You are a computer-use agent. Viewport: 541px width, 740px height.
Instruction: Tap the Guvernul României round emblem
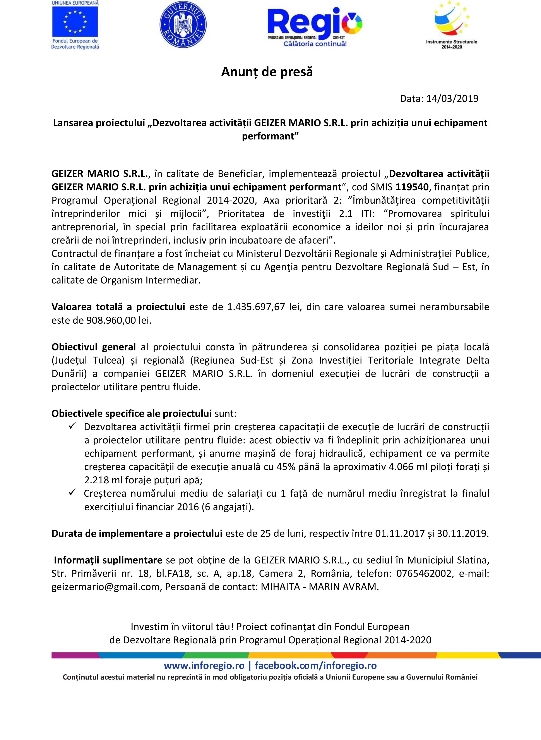click(x=183, y=24)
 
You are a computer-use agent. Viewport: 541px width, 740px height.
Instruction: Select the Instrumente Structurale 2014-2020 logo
click(x=451, y=25)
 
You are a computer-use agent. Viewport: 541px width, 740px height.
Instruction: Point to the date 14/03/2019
click(x=452, y=99)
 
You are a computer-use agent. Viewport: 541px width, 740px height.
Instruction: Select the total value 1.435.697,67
click(x=256, y=307)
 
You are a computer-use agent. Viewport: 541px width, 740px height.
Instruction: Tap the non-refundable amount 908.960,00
click(x=111, y=320)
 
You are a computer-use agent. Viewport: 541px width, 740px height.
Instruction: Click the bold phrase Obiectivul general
click(x=94, y=347)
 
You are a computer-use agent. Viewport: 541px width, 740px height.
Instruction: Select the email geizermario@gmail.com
click(x=105, y=587)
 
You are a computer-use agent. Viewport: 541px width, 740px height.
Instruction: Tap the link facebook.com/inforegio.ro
click(x=315, y=665)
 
